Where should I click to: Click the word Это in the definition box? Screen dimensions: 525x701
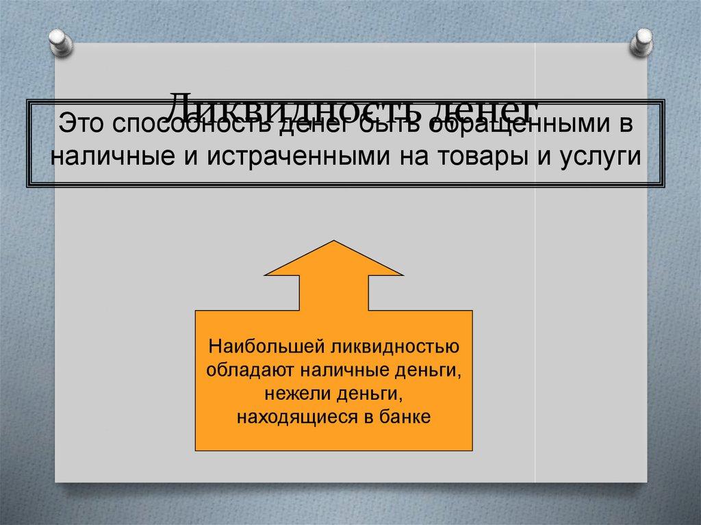(x=80, y=126)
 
